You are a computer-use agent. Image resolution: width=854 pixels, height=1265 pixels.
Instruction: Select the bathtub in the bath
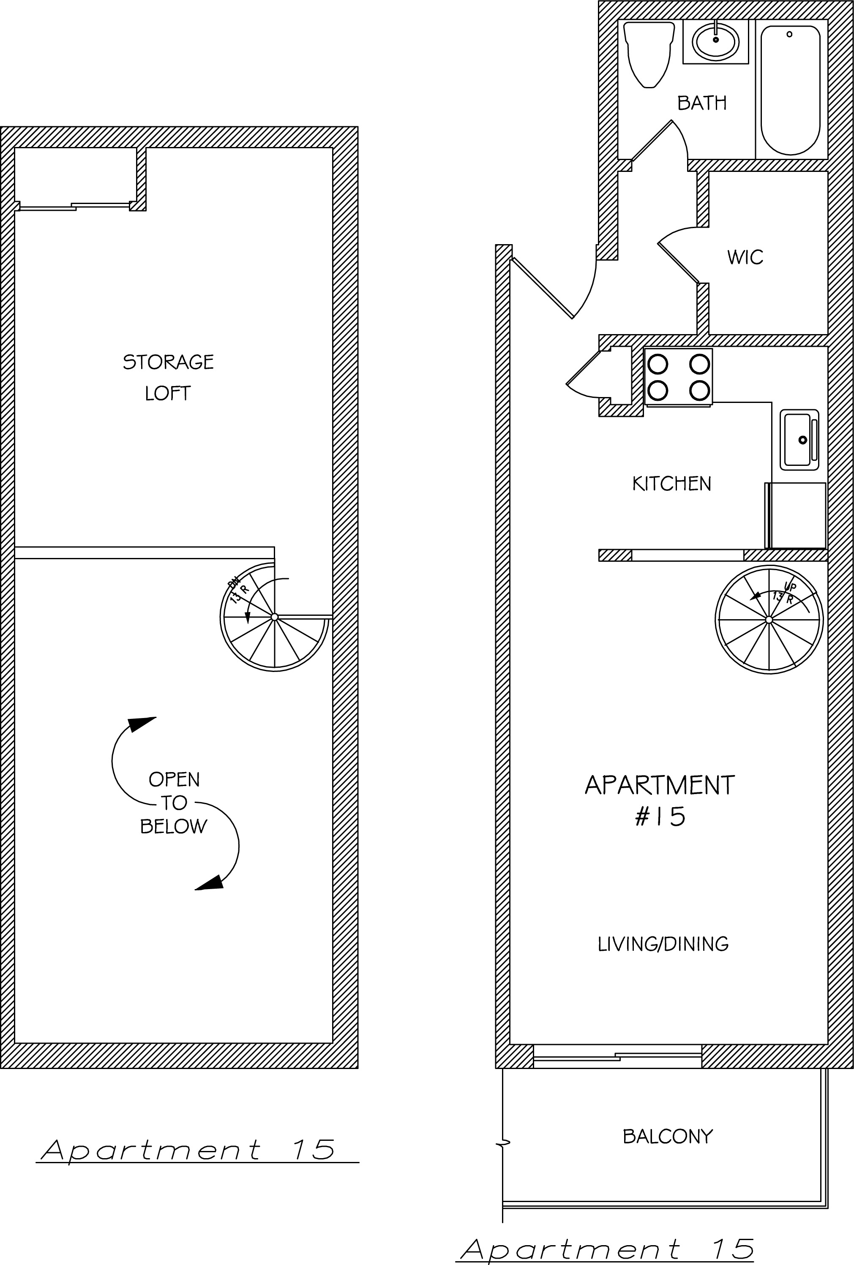(790, 90)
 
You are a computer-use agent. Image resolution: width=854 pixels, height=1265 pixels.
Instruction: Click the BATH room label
(701, 103)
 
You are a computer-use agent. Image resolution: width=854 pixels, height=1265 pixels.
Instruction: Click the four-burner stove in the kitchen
(678, 377)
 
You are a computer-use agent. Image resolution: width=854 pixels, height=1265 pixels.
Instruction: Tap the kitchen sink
(799, 439)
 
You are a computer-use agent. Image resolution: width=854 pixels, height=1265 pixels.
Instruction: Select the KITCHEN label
(671, 483)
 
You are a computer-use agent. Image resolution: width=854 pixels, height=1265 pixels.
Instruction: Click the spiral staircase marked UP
(769, 620)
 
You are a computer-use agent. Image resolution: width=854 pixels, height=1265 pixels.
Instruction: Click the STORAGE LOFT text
(168, 377)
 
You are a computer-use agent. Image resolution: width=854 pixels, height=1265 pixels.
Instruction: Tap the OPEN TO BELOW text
(174, 803)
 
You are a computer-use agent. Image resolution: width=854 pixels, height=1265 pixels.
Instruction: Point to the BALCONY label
(668, 1136)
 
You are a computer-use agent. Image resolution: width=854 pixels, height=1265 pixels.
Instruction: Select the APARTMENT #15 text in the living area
(660, 800)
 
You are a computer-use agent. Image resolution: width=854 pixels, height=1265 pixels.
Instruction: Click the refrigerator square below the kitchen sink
(796, 515)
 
